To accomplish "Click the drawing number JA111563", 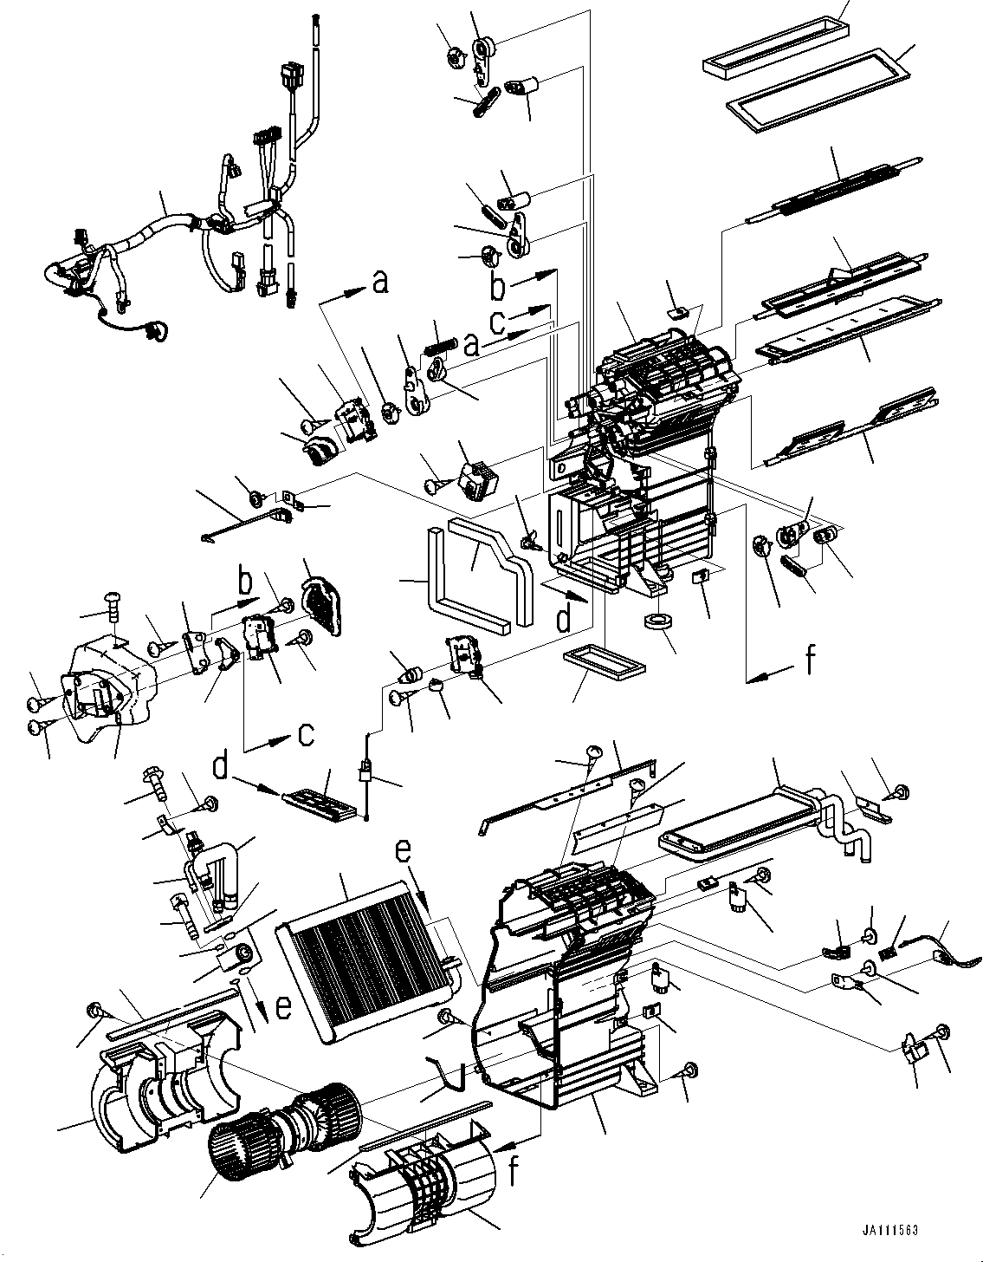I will pos(889,1231).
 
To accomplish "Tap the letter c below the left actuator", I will pos(306,736).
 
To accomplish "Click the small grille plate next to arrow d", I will pos(320,799).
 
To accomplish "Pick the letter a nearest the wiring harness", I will pos(378,283).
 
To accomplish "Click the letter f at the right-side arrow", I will pos(809,662).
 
